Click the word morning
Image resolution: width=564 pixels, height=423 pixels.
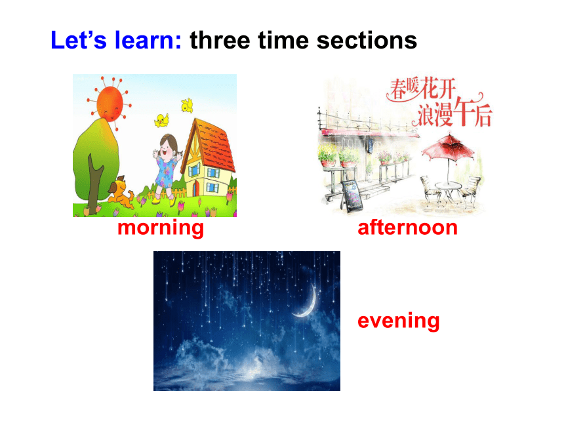coord(161,228)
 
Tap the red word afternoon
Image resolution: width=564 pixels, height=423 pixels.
coord(407,228)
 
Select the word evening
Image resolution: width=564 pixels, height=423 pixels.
coord(399,321)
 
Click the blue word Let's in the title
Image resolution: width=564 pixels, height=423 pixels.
coord(79,39)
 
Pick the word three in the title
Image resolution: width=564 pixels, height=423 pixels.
coord(220,40)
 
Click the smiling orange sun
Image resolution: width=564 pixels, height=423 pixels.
coord(110,104)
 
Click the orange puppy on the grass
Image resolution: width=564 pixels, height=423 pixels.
coord(121,192)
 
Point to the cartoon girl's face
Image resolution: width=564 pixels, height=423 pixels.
coord(167,147)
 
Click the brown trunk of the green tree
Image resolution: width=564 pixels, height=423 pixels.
coord(94,184)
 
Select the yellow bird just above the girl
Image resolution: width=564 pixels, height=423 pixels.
coord(161,120)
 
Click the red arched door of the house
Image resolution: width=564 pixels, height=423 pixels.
coord(196,188)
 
